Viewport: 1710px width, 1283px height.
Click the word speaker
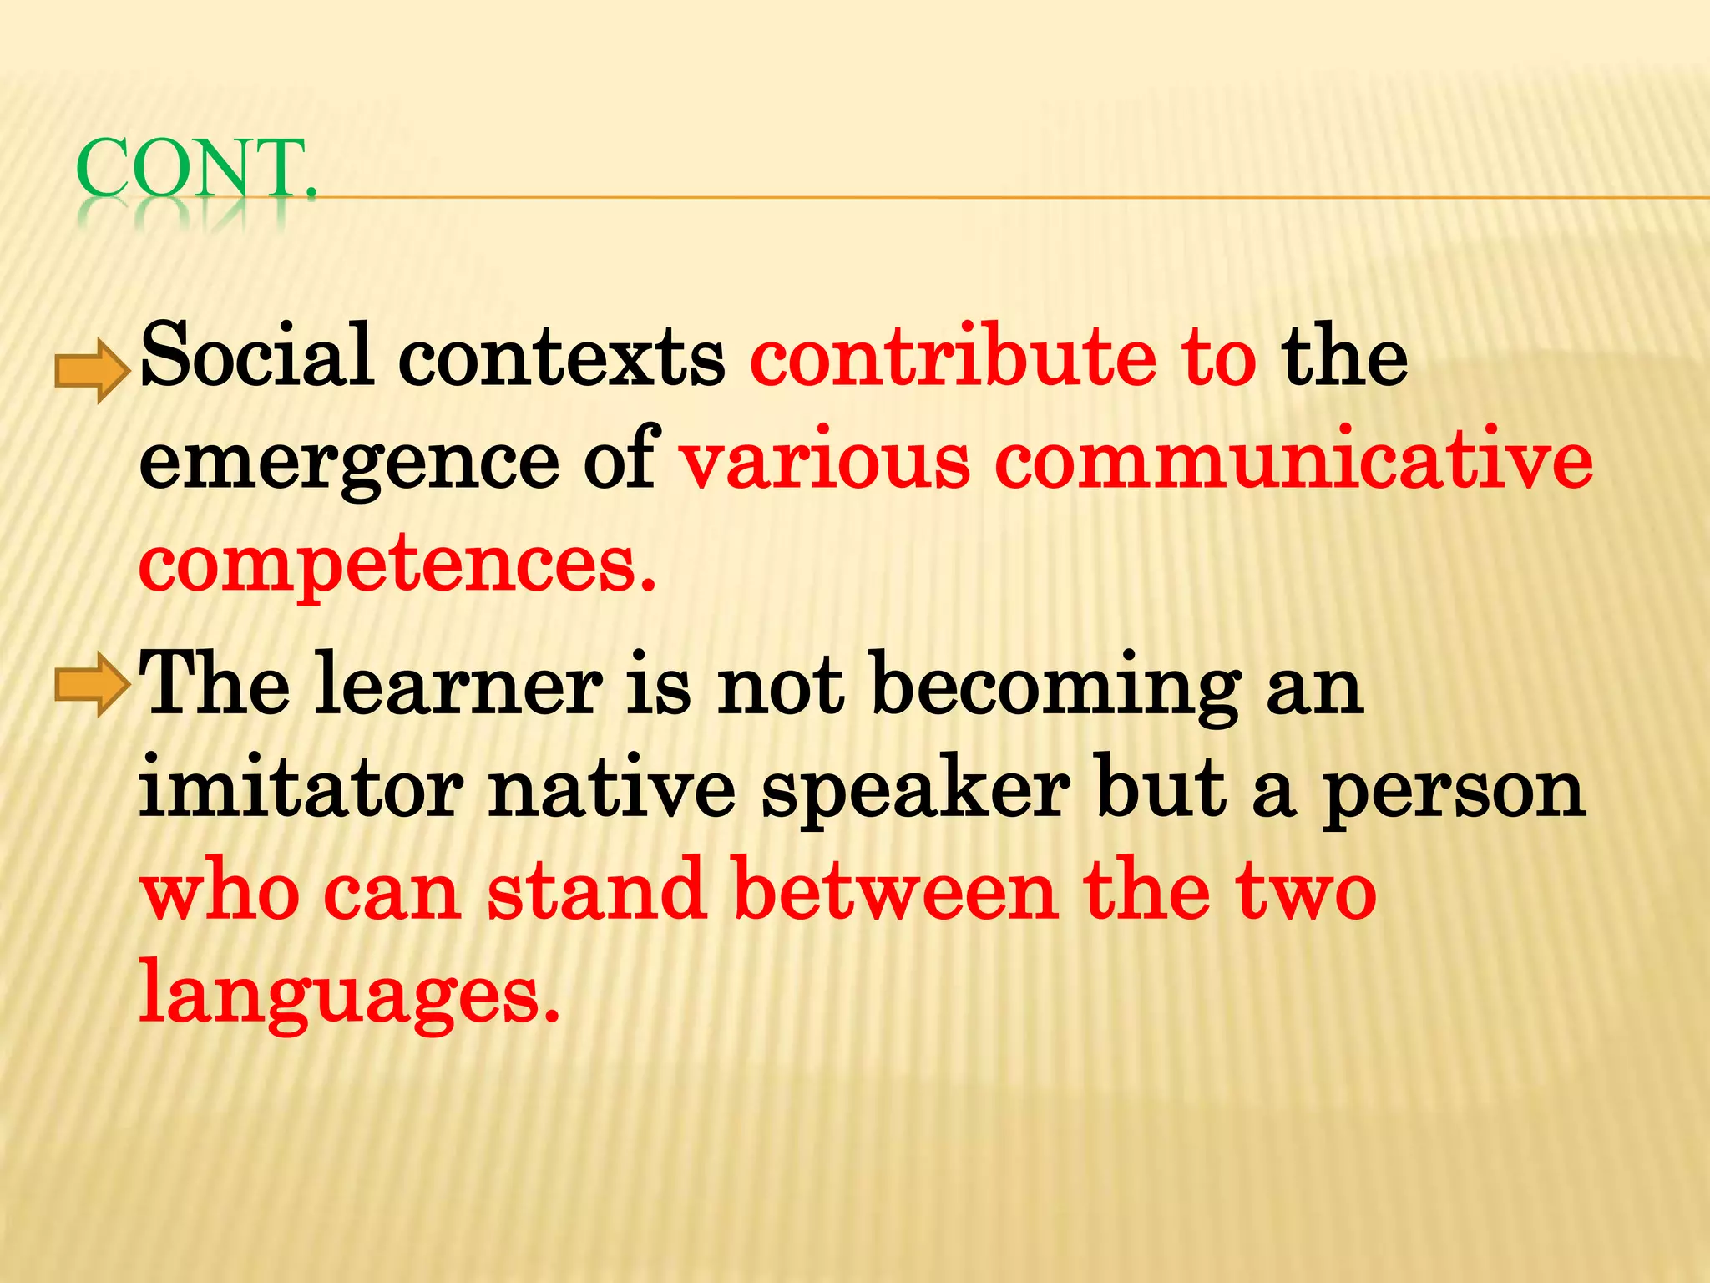tap(915, 792)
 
